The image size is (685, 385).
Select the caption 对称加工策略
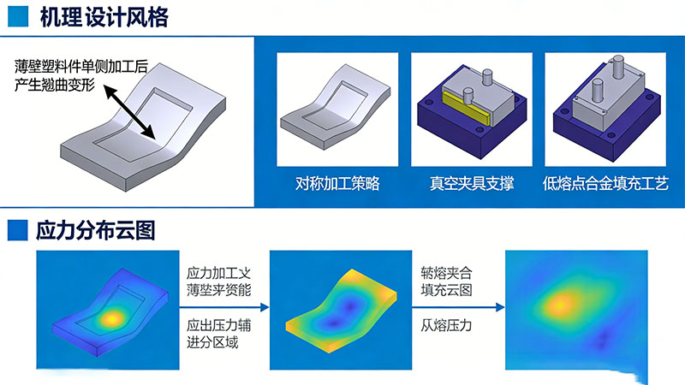pos(337,184)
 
